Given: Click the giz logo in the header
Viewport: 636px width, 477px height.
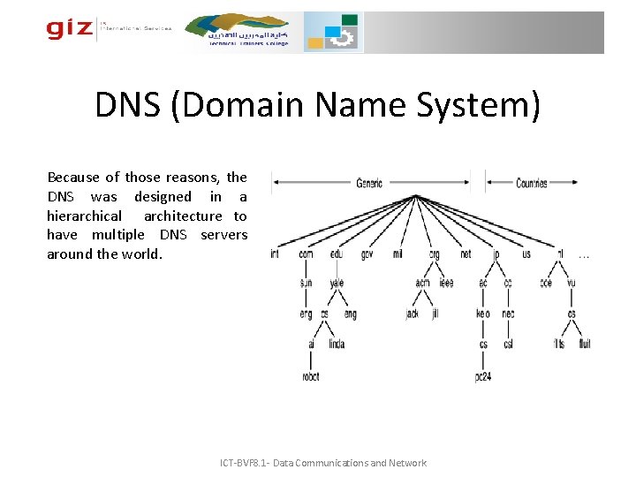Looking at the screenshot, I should [x=70, y=29].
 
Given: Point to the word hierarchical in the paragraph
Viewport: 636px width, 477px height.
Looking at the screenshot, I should [x=85, y=216].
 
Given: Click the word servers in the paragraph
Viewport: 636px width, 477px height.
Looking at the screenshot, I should [x=223, y=235].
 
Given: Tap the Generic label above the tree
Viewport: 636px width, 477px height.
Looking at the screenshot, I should [x=369, y=183].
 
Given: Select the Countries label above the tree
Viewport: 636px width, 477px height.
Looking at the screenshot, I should [x=531, y=183].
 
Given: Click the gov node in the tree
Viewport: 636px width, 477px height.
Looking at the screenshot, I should [x=367, y=254].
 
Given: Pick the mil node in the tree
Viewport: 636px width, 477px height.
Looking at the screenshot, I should [x=397, y=254].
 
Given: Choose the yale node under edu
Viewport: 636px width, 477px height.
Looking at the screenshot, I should [x=337, y=284].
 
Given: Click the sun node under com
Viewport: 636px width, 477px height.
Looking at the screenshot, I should [x=306, y=284].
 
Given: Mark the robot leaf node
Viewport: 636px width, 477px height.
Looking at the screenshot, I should [x=310, y=376].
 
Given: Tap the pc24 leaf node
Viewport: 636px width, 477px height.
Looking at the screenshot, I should [x=483, y=376].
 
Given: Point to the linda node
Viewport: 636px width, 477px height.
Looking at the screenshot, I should [x=337, y=344].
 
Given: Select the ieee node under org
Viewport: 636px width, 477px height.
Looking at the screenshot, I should [x=445, y=284].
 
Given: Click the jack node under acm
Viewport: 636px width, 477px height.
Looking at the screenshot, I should [x=412, y=314].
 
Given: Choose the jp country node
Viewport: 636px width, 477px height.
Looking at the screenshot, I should [x=496, y=254].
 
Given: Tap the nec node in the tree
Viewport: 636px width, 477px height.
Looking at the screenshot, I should [x=508, y=314].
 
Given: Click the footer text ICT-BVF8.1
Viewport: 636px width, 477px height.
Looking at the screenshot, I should [x=256, y=463].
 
